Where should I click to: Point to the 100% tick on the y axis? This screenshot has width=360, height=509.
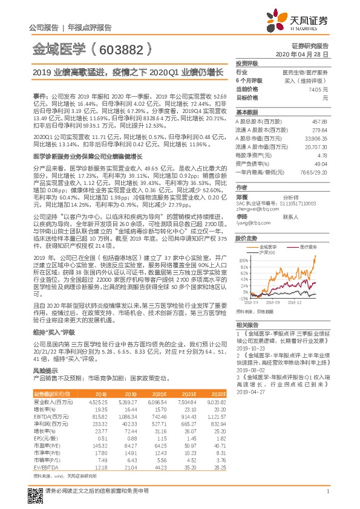(242, 261)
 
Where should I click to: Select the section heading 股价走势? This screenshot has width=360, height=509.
(246, 239)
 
